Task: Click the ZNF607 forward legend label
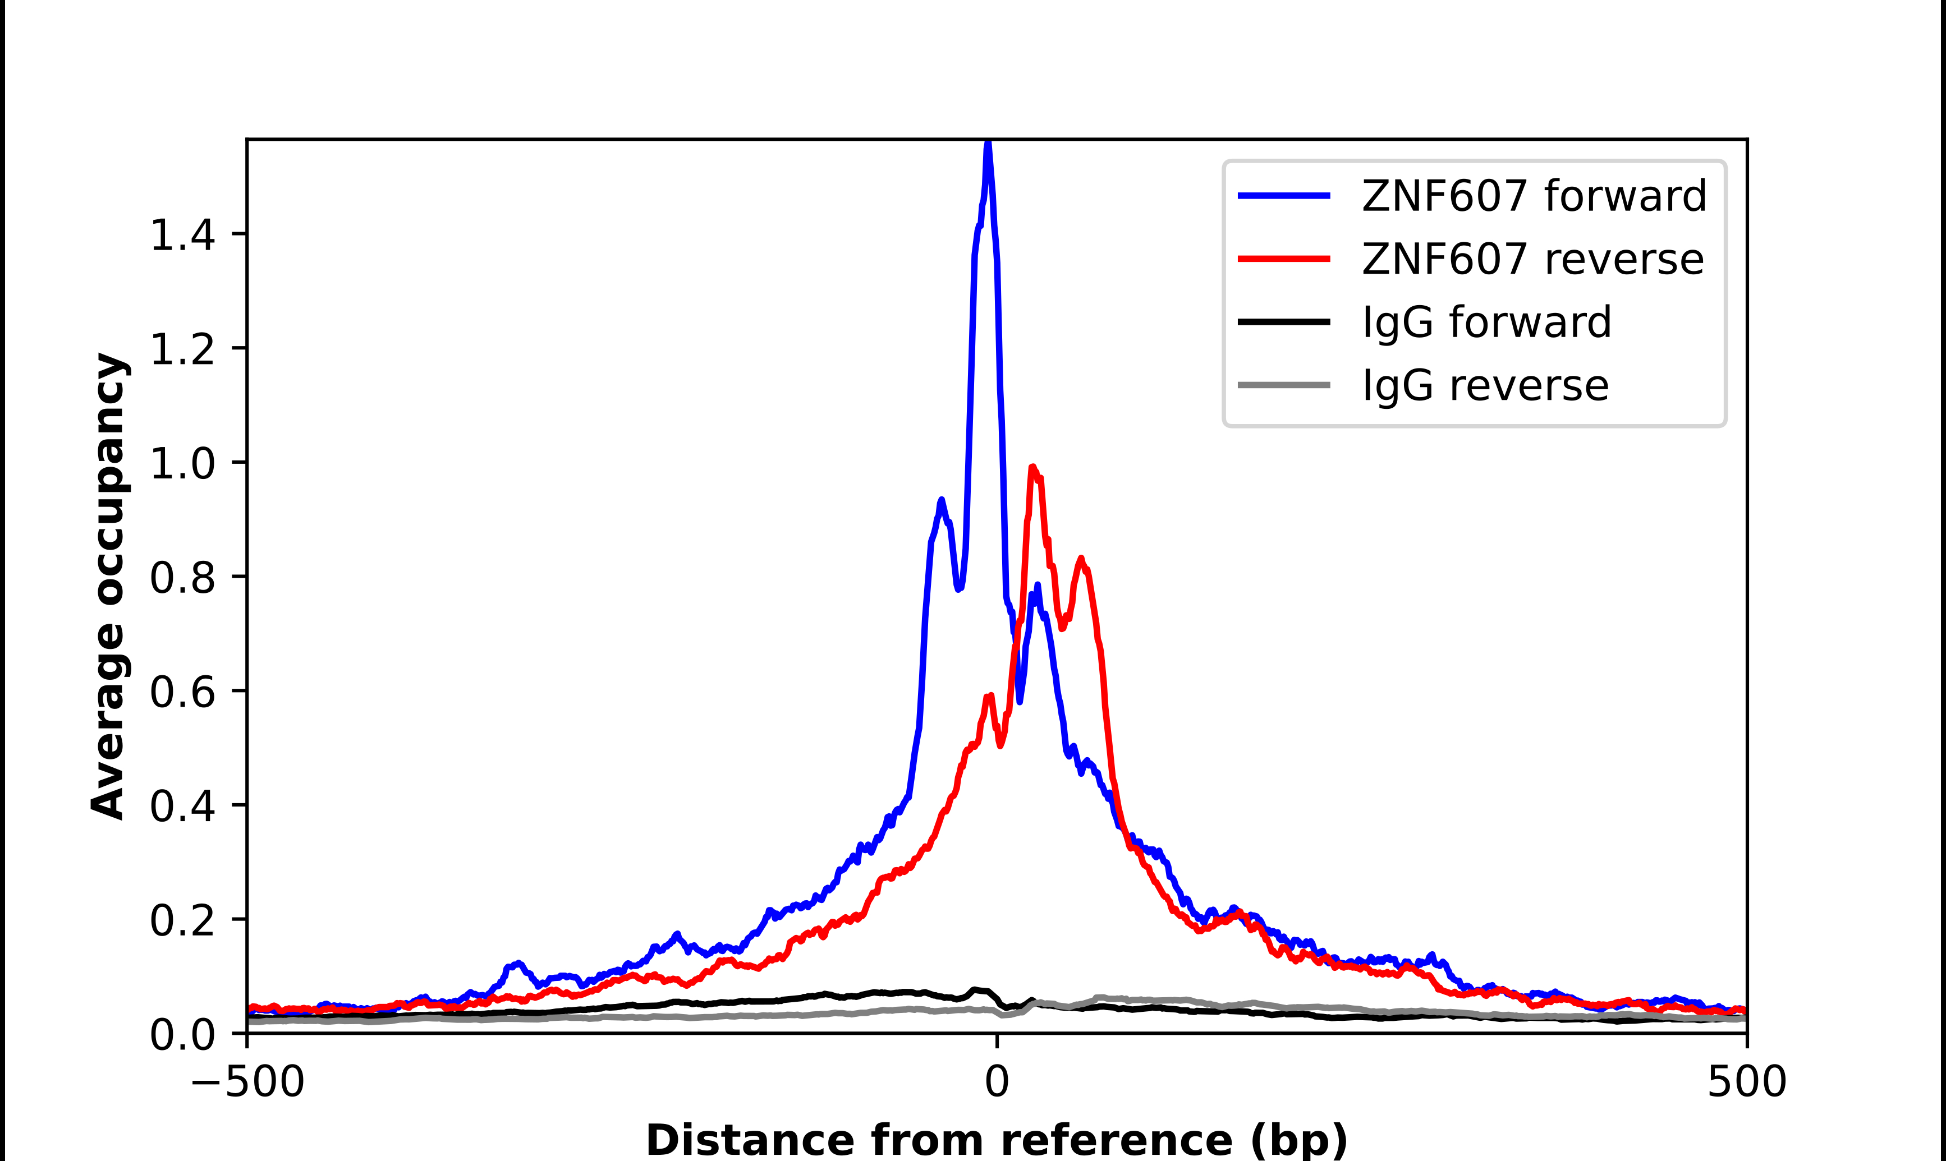(x=1534, y=196)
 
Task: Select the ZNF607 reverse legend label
(x=1532, y=259)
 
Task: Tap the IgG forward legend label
(x=1486, y=322)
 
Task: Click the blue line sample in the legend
(x=1283, y=196)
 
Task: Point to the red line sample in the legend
(x=1283, y=259)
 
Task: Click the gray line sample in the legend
(x=1283, y=385)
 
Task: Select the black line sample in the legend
(x=1283, y=321)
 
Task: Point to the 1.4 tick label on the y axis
(x=182, y=234)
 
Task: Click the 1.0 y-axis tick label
(x=182, y=463)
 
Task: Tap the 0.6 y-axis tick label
(x=182, y=692)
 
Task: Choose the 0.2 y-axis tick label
(x=182, y=920)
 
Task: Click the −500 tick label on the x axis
(x=247, y=1082)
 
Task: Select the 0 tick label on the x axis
(x=996, y=1082)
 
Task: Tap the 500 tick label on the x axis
(x=1746, y=1082)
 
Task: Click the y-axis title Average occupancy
(x=108, y=585)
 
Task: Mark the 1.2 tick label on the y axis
(x=182, y=349)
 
